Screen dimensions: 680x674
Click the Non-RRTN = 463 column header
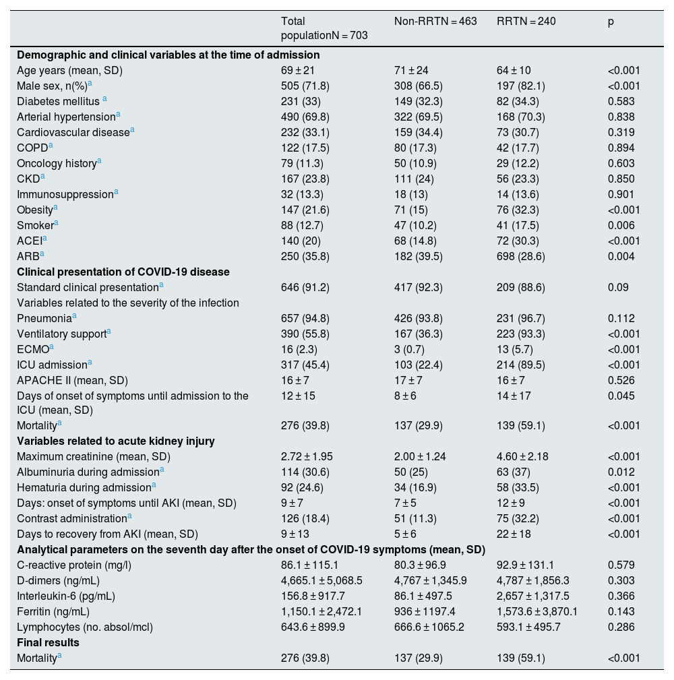click(x=435, y=22)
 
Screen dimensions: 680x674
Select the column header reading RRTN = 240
click(x=526, y=22)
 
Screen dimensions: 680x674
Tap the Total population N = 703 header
click(x=324, y=28)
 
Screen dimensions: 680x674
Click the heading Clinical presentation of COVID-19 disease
click(x=123, y=272)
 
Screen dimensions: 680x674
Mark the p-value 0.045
click(x=621, y=396)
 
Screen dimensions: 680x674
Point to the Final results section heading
click(x=48, y=642)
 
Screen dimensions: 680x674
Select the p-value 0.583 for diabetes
click(x=621, y=101)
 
